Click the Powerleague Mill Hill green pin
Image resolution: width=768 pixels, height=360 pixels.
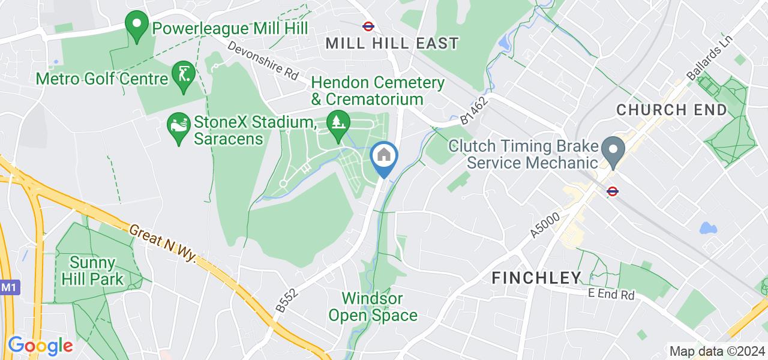136,26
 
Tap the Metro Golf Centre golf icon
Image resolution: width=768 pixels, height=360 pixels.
183,74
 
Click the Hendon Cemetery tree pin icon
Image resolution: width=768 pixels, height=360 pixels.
338,122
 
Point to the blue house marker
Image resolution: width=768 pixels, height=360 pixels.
384,157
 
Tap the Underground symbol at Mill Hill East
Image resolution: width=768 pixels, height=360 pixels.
368,26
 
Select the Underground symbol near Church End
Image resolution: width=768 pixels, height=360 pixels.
613,191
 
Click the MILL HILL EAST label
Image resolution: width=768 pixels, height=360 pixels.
392,43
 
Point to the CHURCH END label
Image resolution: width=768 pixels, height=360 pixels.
671,110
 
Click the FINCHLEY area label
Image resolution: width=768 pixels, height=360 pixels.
537,277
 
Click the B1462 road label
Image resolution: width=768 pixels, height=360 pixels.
473,111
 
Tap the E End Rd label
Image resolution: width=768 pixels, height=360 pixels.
610,295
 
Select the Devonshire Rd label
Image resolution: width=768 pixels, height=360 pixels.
263,61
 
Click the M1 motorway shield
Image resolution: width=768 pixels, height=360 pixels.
8,288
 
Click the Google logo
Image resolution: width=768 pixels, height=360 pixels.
40,346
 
